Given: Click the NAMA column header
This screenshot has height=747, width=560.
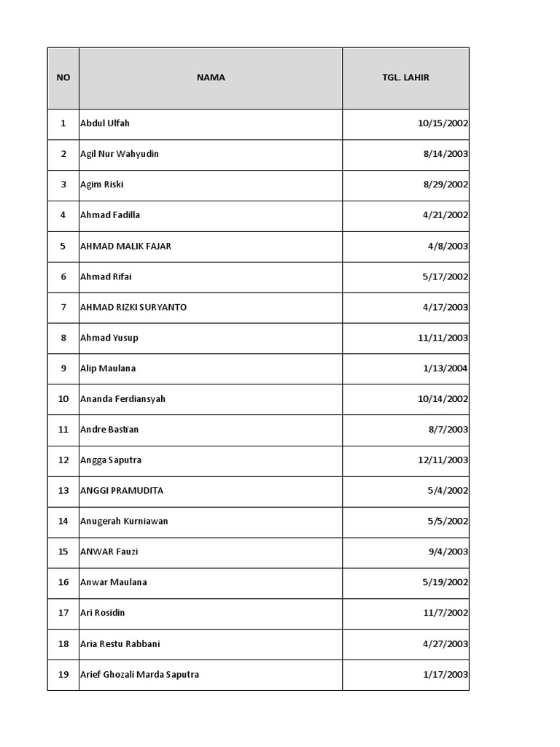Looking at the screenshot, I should coord(211,77).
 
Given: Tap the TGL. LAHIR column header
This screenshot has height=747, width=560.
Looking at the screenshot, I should coord(405,77).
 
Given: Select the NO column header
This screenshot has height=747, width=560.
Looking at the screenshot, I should coord(63,77).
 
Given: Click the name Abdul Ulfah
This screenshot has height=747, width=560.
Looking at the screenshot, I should coord(105,123).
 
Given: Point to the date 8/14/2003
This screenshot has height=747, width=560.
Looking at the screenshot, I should coord(446,154).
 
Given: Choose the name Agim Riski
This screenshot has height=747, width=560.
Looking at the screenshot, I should coord(102,185).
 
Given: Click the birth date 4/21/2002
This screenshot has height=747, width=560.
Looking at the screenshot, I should coord(446,215).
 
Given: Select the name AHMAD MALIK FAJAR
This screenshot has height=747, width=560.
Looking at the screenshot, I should coord(126,246).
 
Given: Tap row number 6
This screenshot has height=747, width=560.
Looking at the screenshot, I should coord(63,276).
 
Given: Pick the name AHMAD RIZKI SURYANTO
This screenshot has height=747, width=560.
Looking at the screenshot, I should coord(133,307).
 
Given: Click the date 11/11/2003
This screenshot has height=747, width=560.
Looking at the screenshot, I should coord(443,338).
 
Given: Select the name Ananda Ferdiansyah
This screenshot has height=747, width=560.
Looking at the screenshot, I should coord(123,399).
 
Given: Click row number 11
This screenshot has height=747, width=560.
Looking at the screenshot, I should coord(63,430).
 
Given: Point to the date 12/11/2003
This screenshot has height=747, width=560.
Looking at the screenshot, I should coord(443,460).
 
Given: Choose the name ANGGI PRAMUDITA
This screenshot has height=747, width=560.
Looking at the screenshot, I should coord(122,491).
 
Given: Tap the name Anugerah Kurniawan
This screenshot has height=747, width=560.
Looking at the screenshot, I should coord(124,522).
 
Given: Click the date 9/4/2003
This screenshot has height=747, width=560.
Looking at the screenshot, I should coord(448,552).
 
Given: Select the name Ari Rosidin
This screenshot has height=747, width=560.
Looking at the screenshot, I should coord(103,613).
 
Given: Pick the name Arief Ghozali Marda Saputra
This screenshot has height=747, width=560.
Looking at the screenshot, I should coord(140,675).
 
